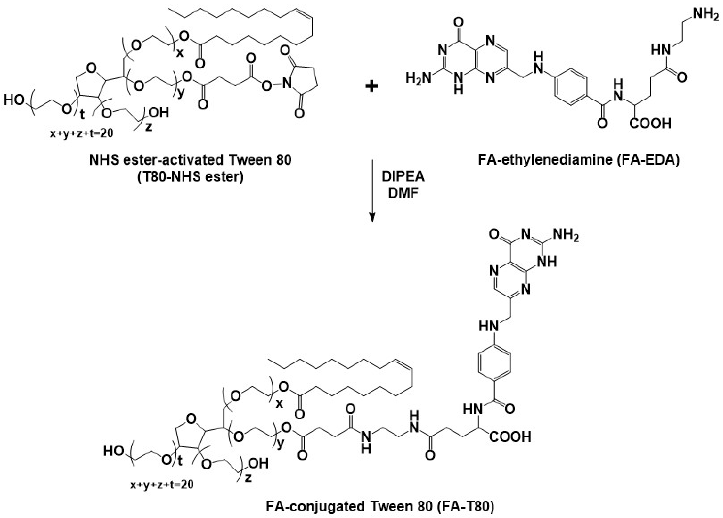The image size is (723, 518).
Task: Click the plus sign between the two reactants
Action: [371, 86]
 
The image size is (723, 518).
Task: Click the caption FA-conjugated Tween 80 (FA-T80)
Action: [380, 506]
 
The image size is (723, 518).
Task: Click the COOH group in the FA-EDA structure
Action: [650, 123]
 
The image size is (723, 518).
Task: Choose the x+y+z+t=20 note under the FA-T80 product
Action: [162, 485]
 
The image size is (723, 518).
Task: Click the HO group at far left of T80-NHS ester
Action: [14, 100]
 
